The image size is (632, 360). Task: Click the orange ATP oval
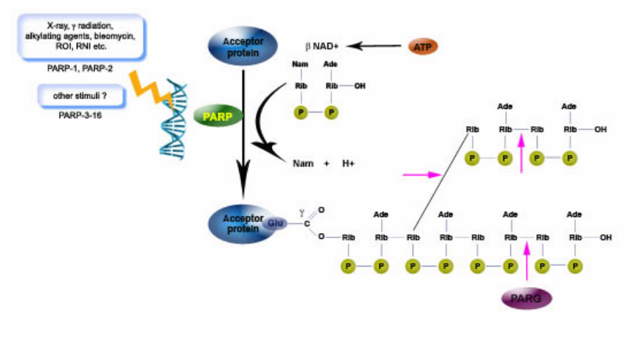click(x=423, y=47)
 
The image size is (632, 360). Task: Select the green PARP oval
click(x=217, y=115)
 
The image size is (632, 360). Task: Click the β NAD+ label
click(x=323, y=46)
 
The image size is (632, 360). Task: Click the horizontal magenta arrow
click(x=422, y=175)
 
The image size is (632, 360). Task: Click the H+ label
click(x=348, y=164)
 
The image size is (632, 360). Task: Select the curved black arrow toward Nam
click(x=265, y=124)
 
